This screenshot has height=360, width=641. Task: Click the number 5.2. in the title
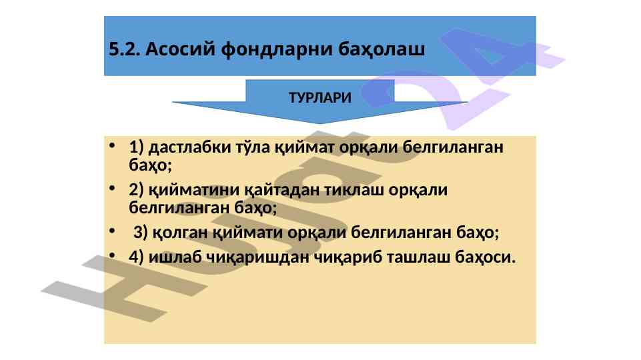pyautogui.click(x=125, y=49)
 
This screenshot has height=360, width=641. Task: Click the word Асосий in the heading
pyautogui.click(x=180, y=49)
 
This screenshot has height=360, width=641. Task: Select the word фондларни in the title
pyautogui.click(x=277, y=49)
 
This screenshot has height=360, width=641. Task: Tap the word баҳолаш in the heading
pyautogui.click(x=382, y=49)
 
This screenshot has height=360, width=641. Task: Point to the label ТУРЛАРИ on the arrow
pyautogui.click(x=320, y=97)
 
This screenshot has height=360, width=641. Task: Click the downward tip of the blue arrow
pyautogui.click(x=320, y=123)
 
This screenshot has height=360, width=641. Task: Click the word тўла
pyautogui.click(x=253, y=147)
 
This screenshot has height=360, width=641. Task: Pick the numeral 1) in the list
pyautogui.click(x=137, y=147)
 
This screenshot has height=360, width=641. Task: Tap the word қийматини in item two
pyautogui.click(x=194, y=189)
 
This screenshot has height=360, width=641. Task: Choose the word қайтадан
pyautogui.click(x=282, y=189)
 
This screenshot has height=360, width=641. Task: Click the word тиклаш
pyautogui.click(x=354, y=189)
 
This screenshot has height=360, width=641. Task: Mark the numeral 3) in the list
pyautogui.click(x=141, y=233)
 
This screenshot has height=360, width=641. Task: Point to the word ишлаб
pyautogui.click(x=175, y=257)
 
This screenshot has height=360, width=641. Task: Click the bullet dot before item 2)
pyautogui.click(x=113, y=188)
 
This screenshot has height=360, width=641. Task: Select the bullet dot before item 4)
pyautogui.click(x=113, y=255)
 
